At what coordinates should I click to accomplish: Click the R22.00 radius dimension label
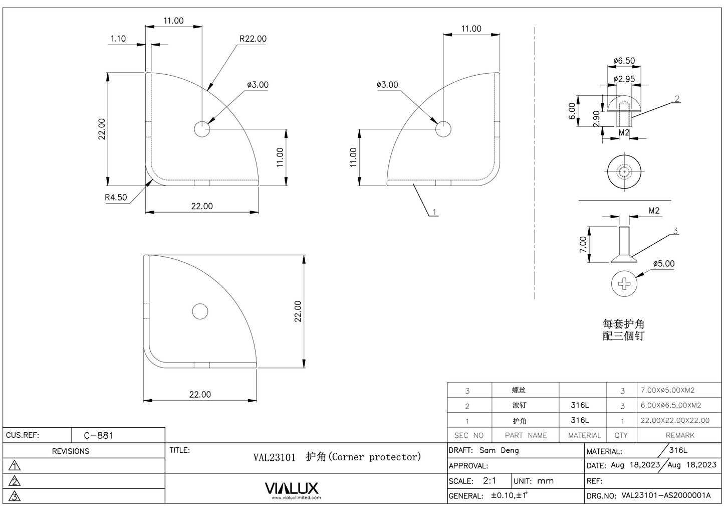click(253, 39)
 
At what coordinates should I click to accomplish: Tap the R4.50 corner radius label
click(116, 197)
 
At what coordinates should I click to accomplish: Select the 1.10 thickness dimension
click(118, 39)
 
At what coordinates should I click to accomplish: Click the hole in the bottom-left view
click(200, 311)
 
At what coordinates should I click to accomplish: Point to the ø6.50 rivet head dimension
click(624, 61)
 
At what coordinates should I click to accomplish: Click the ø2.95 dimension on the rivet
click(624, 79)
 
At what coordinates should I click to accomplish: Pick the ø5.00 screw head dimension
click(663, 264)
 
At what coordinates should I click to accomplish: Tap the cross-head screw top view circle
click(624, 283)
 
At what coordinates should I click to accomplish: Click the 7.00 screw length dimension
click(583, 245)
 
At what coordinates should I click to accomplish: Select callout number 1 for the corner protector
click(434, 212)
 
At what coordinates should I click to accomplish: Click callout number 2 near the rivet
click(677, 99)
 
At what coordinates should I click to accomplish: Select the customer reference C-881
click(99, 435)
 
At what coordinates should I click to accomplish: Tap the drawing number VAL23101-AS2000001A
click(666, 495)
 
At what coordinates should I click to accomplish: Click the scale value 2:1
click(489, 480)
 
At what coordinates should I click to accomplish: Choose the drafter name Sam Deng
click(499, 450)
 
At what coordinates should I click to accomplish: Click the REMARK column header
click(680, 435)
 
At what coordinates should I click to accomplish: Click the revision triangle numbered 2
click(15, 481)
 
